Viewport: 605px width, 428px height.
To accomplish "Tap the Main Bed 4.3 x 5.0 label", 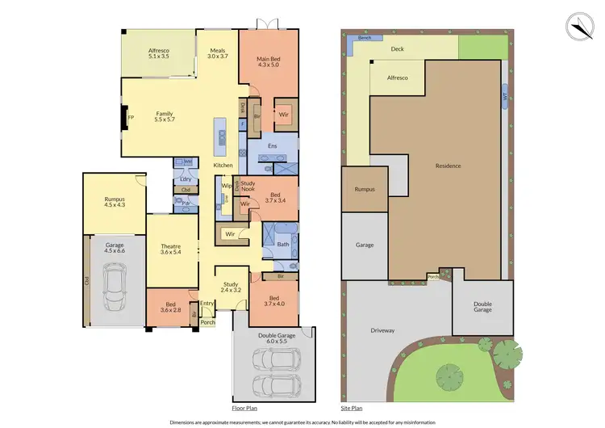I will point(269,63).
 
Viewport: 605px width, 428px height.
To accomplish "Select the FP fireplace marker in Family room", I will point(129,118).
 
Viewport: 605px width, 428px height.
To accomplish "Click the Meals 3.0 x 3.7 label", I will point(218,52).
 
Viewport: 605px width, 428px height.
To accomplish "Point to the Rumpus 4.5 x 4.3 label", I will point(115,202).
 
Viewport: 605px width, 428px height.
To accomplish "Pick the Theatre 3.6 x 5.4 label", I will point(169,250).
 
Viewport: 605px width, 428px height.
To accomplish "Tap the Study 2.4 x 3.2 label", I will point(231,287).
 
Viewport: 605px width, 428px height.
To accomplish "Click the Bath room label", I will point(283,244).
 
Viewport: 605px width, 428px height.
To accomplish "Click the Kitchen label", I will point(223,166).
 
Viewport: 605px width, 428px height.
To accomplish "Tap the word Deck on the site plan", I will point(397,48).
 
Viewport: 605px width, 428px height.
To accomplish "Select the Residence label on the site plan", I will point(448,166).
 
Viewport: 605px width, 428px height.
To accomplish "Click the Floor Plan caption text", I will point(244,409).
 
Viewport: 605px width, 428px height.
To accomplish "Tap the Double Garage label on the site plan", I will point(482,308).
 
